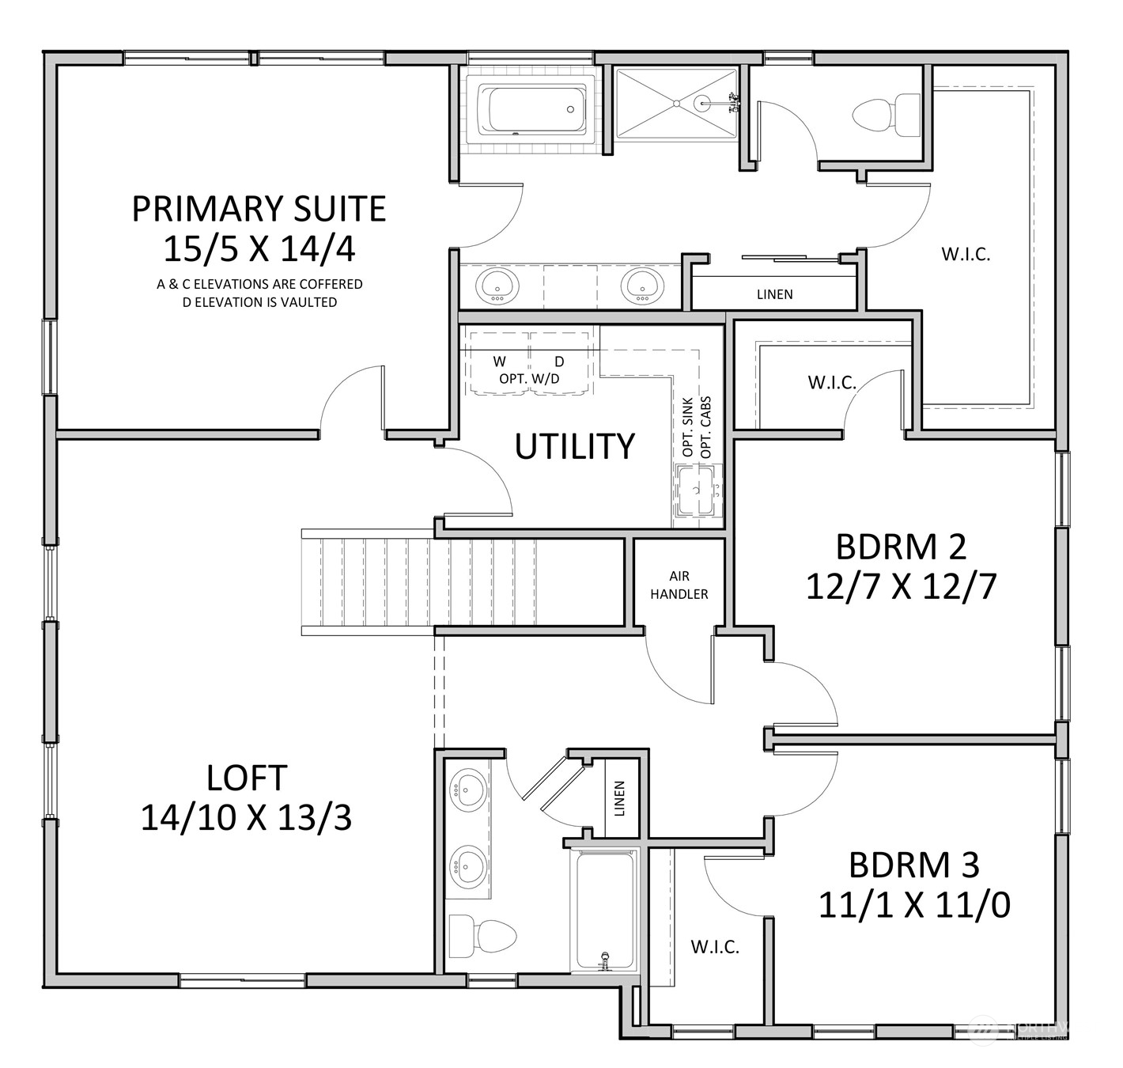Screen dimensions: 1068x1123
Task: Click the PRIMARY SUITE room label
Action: point(259,209)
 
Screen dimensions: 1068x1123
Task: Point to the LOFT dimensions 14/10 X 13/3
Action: point(246,817)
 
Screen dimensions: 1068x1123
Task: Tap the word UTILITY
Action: point(574,446)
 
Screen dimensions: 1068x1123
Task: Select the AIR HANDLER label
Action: point(679,585)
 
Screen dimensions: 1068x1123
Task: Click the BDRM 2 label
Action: point(901,547)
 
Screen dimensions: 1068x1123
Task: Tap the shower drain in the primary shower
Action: point(677,102)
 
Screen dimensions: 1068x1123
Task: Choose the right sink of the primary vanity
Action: point(639,285)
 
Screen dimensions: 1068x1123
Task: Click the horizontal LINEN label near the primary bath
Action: point(774,294)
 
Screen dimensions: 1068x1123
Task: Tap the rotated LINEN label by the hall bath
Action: point(619,798)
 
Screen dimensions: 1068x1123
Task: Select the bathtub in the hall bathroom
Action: point(605,910)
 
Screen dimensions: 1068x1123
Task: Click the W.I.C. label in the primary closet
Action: point(966,255)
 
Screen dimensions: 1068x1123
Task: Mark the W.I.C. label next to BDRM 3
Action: point(715,947)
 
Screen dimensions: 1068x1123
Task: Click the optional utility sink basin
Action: point(697,491)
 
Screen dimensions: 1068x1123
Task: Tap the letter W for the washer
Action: point(500,362)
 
